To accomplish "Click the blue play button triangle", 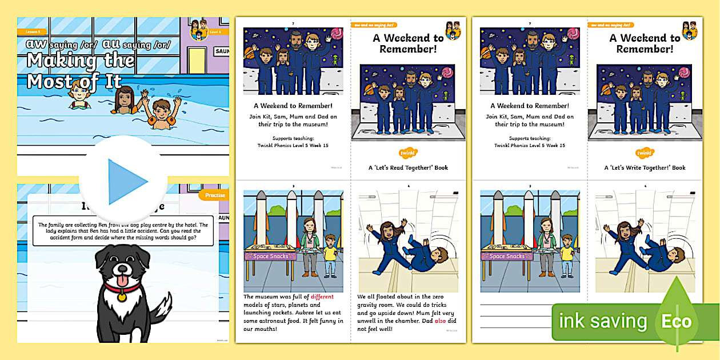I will tap(127, 182).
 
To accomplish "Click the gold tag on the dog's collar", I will tap(121, 297).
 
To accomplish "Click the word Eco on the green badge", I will tap(676, 322).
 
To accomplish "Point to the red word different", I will tap(322, 297).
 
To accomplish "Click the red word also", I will tap(440, 321).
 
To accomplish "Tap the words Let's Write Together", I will tap(638, 168).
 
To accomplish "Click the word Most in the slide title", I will tap(47, 81).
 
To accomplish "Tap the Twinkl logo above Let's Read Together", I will tap(407, 153).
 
